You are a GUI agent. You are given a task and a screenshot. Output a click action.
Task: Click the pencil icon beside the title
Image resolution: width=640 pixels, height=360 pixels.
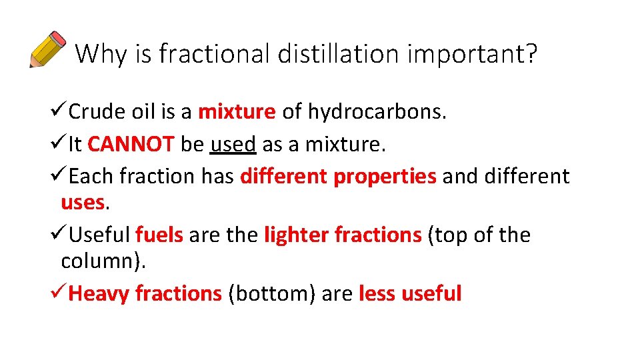(x=47, y=49)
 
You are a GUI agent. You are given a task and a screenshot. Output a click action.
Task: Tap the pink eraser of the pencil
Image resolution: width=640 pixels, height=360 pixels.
(x=58, y=37)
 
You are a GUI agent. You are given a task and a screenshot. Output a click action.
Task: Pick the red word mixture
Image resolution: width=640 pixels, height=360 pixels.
(x=237, y=112)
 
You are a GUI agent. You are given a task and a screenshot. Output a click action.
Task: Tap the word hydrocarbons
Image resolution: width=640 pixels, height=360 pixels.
(x=377, y=112)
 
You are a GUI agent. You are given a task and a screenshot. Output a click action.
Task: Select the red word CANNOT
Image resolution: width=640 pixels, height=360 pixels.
(x=131, y=144)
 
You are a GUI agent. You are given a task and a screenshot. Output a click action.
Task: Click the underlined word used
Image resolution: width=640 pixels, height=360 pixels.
(x=233, y=144)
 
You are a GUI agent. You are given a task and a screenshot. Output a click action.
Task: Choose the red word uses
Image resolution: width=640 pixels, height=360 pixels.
(x=83, y=202)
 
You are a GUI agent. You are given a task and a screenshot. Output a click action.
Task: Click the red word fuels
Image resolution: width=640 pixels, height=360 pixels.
(x=159, y=235)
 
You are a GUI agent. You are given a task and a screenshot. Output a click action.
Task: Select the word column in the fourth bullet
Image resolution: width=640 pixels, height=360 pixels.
(x=99, y=261)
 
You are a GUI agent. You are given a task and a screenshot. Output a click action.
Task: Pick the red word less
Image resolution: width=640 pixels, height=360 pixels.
(x=377, y=293)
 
